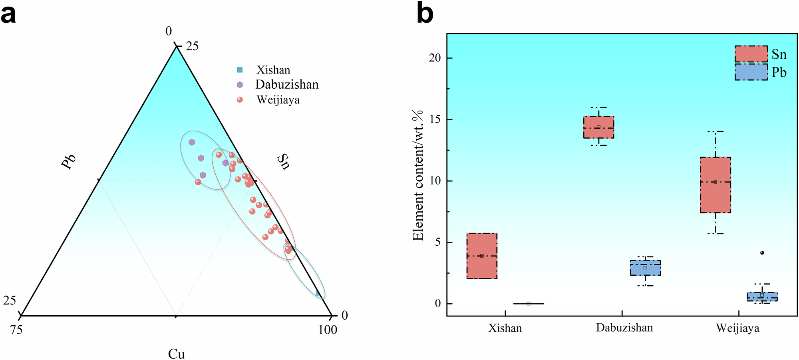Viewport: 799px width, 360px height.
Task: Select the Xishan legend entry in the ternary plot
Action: pyautogui.click(x=273, y=70)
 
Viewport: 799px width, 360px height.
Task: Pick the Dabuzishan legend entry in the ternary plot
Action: pyautogui.click(x=286, y=85)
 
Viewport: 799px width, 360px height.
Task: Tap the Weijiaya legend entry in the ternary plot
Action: pyautogui.click(x=278, y=100)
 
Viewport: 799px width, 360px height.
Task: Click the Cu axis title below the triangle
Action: pyautogui.click(x=176, y=354)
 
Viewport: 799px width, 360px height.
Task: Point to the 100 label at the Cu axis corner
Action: pyautogui.click(x=328, y=330)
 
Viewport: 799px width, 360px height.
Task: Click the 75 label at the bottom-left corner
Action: pyautogui.click(x=16, y=330)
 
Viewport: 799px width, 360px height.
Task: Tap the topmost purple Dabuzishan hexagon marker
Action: pyautogui.click(x=192, y=142)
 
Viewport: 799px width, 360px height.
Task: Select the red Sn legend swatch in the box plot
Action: pyautogui.click(x=751, y=54)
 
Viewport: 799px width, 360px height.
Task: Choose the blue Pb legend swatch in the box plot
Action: pyautogui.click(x=751, y=72)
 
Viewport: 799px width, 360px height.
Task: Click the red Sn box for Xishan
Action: pyautogui.click(x=482, y=256)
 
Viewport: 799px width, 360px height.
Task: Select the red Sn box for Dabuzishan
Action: pyautogui.click(x=598, y=127)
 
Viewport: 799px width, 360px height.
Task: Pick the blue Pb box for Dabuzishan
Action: pyautogui.click(x=645, y=268)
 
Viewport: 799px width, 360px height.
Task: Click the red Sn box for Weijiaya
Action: pyautogui.click(x=715, y=185)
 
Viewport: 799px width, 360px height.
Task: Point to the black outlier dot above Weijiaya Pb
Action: pyautogui.click(x=762, y=253)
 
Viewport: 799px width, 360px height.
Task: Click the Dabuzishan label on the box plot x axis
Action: pyautogui.click(x=624, y=328)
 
